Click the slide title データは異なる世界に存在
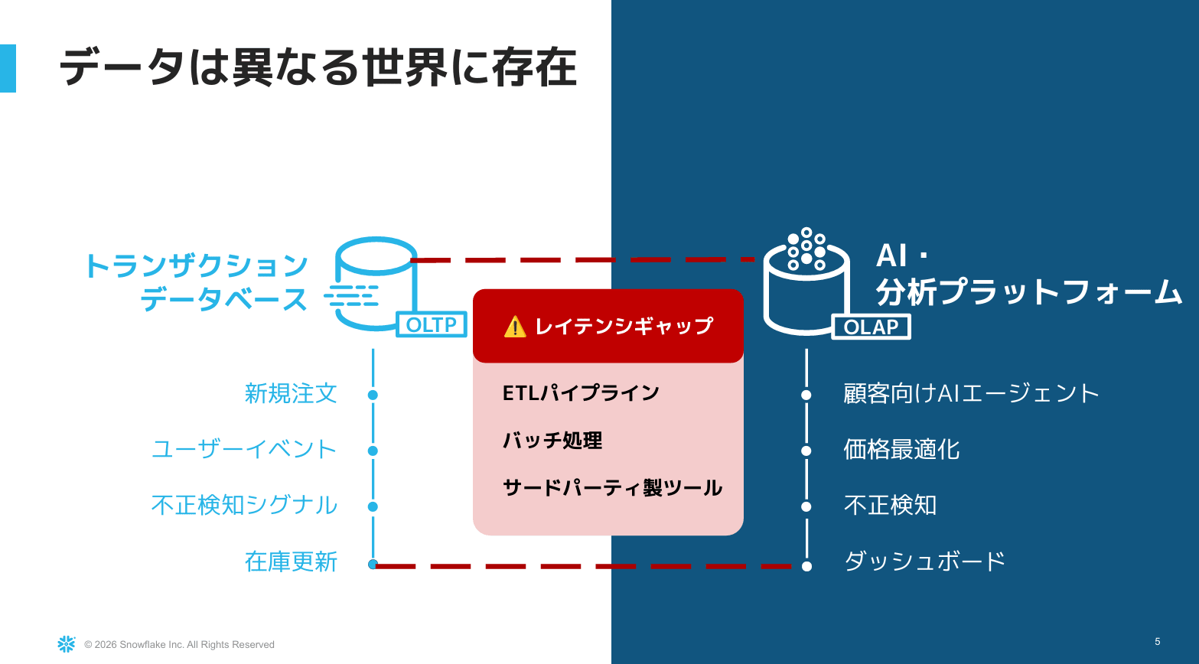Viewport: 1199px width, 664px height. pos(318,67)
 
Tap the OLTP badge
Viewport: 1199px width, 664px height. pos(432,324)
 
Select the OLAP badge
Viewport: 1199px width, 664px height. pos(871,327)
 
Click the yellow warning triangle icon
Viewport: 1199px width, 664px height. pos(515,327)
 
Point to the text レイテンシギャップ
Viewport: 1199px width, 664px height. pos(624,326)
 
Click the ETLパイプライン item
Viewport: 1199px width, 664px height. pos(581,392)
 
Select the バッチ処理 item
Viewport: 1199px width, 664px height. pos(552,441)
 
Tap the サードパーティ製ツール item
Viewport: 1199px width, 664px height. pos(612,487)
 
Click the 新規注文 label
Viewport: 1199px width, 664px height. pos(291,394)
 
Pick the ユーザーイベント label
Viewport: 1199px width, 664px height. pos(244,450)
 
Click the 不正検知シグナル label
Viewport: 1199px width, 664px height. pos(244,505)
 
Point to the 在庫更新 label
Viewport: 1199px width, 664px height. pos(291,561)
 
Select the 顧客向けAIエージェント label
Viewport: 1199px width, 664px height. pos(971,393)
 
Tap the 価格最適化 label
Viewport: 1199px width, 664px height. pos(901,450)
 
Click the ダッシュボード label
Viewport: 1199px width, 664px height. pos(924,561)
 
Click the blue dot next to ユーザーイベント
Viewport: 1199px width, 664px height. pos(373,451)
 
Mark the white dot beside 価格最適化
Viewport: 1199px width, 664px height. pos(806,451)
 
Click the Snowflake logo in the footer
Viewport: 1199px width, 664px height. pos(67,644)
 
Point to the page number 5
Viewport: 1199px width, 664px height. pos(1157,642)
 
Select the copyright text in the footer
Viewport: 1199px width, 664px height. pos(179,645)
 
